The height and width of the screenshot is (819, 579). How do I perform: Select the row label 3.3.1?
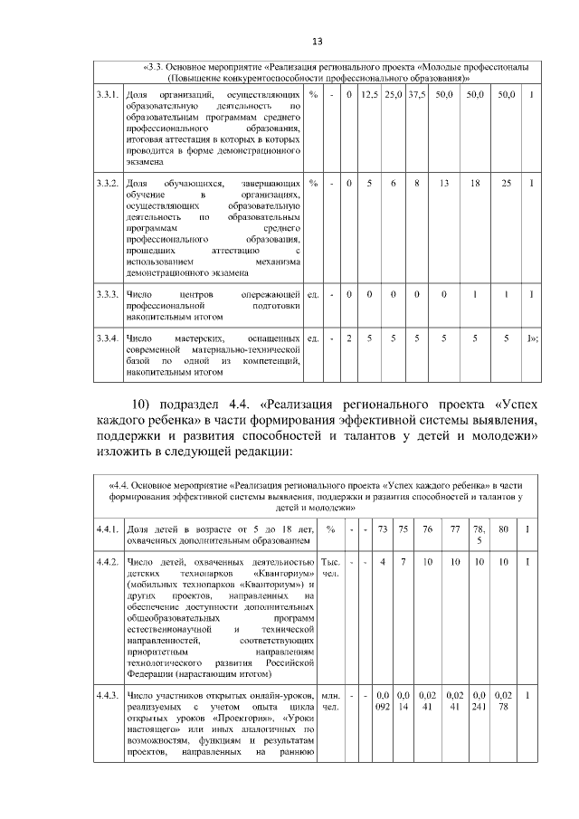[x=108, y=94]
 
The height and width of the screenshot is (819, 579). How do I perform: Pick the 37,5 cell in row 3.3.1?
[x=416, y=94]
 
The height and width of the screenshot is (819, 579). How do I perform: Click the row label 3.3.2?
[x=108, y=184]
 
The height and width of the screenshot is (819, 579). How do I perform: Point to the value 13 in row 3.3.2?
[x=444, y=184]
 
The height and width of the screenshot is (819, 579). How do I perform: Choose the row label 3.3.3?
[x=108, y=295]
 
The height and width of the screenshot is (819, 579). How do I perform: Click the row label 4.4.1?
[x=109, y=529]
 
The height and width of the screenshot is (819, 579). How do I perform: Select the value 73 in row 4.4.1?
[x=383, y=529]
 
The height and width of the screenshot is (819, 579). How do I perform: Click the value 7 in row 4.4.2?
[x=401, y=563]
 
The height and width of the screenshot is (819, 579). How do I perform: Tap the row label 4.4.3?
[x=109, y=694]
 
